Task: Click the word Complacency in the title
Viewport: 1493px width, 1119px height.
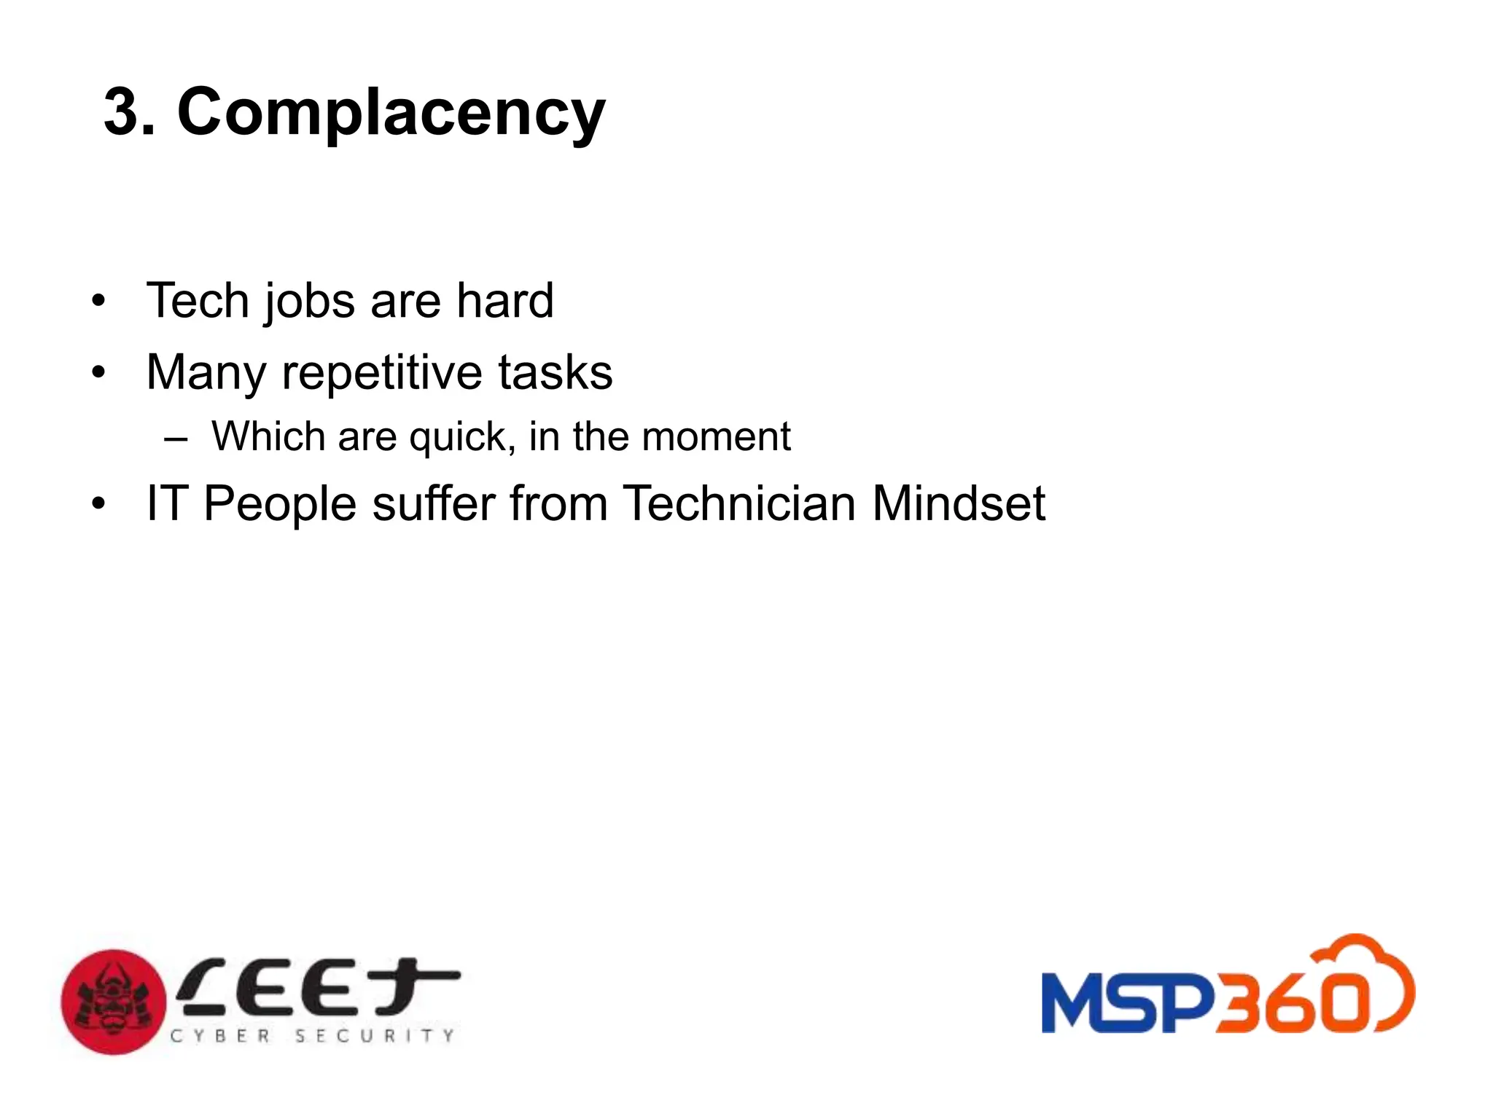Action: [391, 113]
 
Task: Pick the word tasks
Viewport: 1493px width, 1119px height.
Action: [555, 372]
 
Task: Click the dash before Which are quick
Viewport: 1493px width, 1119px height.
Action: [176, 439]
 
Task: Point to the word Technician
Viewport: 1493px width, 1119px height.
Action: [738, 503]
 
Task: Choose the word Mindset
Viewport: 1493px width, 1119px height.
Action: [958, 503]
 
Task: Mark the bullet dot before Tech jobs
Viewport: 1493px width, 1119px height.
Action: [98, 301]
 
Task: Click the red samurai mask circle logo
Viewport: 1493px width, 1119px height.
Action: [114, 1002]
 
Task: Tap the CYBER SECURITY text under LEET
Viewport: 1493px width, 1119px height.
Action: [312, 1036]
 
